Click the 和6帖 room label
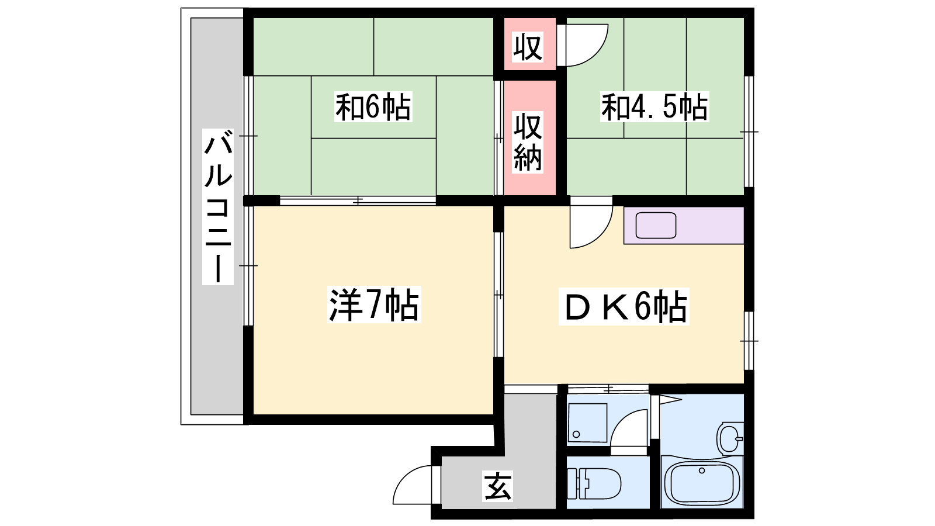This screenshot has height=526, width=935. [x=373, y=107]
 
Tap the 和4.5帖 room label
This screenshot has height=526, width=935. [x=654, y=107]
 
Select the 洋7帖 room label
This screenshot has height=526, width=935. [x=374, y=304]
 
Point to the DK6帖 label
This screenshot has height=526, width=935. [x=624, y=307]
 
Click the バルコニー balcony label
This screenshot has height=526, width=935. [x=218, y=207]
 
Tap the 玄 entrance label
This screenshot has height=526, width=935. [x=497, y=486]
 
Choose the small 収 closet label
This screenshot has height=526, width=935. [x=528, y=47]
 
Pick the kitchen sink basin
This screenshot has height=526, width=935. [x=656, y=226]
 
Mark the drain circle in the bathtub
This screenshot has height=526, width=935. [x=702, y=470]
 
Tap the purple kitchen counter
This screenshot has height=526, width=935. [x=684, y=226]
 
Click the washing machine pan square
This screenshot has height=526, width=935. [x=587, y=423]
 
